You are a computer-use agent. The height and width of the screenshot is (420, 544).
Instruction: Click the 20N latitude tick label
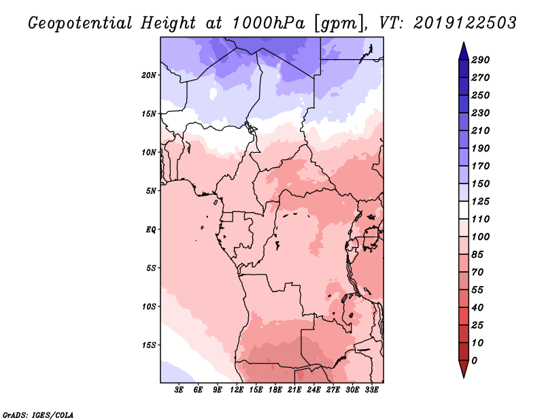click(x=149, y=75)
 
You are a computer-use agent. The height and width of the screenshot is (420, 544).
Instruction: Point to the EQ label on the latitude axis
click(x=150, y=230)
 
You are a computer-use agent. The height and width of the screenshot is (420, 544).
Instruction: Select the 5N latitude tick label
click(x=151, y=191)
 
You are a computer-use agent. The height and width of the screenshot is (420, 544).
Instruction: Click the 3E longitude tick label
click(x=179, y=390)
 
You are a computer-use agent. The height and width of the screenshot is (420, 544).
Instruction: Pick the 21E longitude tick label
click(x=294, y=390)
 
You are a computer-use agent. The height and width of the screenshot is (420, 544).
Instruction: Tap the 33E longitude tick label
click(x=371, y=390)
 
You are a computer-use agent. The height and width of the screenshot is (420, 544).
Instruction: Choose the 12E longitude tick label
click(x=237, y=390)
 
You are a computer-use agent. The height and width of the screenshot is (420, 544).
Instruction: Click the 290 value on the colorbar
click(x=480, y=60)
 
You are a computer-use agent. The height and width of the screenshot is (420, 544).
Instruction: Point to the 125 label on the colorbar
click(x=480, y=201)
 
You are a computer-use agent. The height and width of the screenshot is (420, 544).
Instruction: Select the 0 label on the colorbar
click(x=474, y=361)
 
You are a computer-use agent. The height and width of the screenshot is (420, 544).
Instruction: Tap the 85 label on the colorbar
click(x=477, y=255)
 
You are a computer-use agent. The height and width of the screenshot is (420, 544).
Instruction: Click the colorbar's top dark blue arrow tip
click(x=464, y=42)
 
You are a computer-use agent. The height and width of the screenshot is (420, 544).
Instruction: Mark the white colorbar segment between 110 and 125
click(x=464, y=210)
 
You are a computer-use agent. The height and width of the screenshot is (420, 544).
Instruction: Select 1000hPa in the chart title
click(x=268, y=23)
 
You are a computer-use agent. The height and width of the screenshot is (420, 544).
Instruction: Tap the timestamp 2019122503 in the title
click(x=465, y=22)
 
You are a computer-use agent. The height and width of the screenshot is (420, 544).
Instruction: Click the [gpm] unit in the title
click(x=339, y=24)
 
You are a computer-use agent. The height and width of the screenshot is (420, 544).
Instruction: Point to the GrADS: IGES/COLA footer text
click(x=38, y=415)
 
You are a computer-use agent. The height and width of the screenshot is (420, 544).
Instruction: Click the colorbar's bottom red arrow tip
click(x=464, y=377)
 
